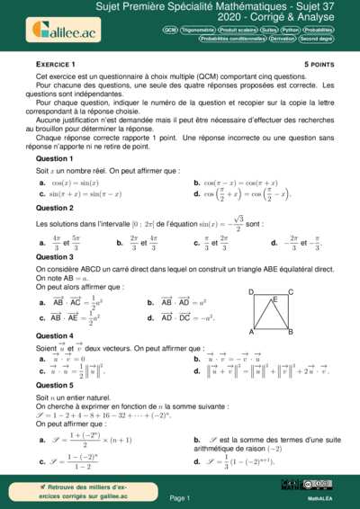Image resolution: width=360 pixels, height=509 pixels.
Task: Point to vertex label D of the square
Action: (x=250, y=292)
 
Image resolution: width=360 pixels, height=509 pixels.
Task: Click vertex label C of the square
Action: (x=290, y=292)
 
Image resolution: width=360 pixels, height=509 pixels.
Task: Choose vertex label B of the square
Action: (x=291, y=333)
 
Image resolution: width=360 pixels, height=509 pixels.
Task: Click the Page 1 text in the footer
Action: (x=179, y=497)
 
